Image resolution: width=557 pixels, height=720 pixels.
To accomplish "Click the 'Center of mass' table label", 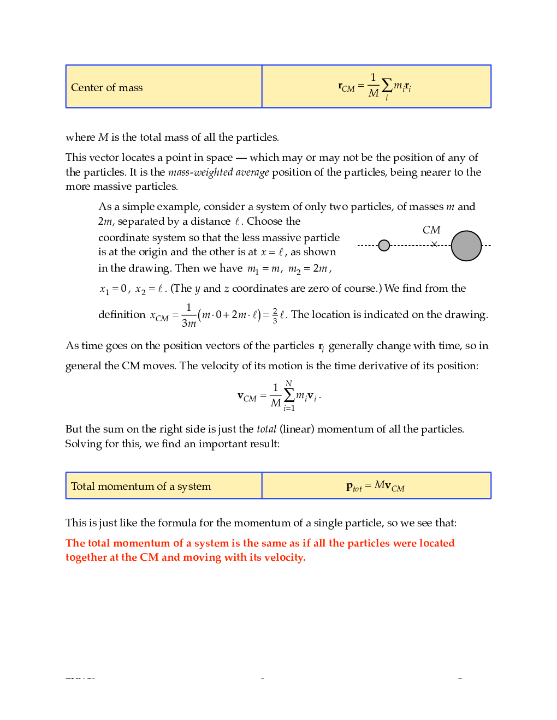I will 107,88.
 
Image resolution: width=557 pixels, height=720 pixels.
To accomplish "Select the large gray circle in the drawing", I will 466,246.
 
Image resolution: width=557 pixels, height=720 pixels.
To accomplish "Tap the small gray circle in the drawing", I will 384,245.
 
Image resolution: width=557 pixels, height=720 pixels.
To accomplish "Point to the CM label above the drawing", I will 431,230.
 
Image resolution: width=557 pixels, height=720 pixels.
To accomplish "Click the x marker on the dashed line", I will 434,244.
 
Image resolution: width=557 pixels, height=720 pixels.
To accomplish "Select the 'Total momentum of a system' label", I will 141,487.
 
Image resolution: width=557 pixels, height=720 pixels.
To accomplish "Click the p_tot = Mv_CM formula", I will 375,486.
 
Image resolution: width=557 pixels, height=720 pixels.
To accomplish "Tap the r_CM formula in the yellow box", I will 375,86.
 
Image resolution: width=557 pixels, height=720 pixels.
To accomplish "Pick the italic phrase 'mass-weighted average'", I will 218,172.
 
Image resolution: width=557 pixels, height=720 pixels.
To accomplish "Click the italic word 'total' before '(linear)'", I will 266,429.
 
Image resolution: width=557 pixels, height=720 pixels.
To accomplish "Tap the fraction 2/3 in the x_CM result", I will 275,315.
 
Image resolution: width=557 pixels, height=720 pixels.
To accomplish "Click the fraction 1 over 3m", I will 188,315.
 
